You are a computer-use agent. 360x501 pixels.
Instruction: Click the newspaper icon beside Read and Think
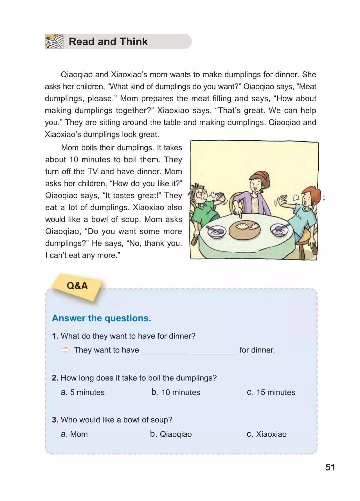54,42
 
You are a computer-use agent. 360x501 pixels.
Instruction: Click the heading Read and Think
108,42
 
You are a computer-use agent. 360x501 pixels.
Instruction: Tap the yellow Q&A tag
77,286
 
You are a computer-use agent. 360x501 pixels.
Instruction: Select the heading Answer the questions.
101,318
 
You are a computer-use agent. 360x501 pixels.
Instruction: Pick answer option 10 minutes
176,392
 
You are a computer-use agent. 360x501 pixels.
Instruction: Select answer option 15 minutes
271,392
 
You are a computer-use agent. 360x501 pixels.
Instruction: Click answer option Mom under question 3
74,434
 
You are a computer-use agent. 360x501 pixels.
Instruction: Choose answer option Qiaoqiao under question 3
171,434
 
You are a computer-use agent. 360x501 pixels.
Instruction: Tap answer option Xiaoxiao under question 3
267,434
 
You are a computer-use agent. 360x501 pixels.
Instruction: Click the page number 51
330,467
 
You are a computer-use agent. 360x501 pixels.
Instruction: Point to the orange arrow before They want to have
65,350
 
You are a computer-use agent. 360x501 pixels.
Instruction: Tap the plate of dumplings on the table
245,229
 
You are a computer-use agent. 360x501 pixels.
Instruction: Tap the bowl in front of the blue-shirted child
279,229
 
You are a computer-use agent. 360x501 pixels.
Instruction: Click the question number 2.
55,378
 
